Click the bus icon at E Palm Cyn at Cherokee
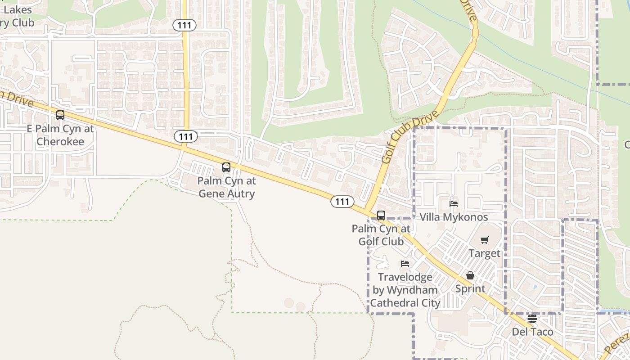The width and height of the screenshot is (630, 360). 60,115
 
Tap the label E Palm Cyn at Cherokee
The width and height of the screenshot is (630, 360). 60,135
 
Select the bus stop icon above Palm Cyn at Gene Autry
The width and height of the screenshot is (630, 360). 226,167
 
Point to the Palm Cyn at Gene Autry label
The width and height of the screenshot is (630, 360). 227,188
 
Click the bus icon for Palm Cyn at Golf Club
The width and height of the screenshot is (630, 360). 381,216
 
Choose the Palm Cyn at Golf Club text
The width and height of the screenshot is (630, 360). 381,235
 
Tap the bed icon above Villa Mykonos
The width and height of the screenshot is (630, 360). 454,204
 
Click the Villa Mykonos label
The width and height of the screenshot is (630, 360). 454,217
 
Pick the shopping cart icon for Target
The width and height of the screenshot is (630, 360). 484,240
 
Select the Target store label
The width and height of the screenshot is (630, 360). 484,253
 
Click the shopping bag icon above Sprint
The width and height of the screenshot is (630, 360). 470,275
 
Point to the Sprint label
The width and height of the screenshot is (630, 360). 470,288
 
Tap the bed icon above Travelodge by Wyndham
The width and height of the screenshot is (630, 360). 405,264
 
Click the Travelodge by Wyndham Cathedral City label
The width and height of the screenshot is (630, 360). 405,290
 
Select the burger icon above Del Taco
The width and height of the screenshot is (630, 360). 532,319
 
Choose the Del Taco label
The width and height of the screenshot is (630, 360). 532,332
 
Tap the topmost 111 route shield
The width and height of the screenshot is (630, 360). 184,25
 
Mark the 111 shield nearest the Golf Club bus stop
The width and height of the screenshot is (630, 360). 342,202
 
